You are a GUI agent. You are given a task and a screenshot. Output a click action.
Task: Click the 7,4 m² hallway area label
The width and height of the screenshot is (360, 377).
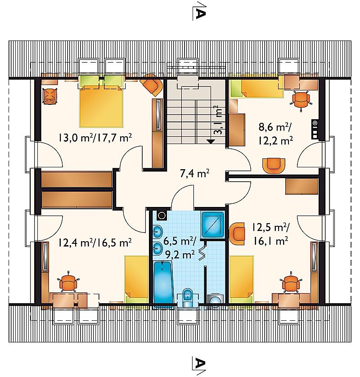[194, 173]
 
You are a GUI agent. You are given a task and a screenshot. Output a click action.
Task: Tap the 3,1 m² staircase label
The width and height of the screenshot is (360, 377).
[218, 120]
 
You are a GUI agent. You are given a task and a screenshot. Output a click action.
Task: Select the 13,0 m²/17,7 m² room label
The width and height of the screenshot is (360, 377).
[94, 138]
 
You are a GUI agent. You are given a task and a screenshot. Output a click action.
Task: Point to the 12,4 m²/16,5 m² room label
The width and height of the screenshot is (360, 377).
[94, 242]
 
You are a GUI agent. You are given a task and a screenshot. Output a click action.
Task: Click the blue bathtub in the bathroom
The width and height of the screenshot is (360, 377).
[163, 283]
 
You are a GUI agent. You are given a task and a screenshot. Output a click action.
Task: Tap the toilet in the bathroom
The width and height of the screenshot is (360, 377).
[188, 298]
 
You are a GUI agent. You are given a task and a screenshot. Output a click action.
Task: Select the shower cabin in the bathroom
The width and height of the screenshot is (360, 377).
[213, 224]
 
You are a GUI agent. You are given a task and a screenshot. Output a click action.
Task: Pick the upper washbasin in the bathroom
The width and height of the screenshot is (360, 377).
[158, 232]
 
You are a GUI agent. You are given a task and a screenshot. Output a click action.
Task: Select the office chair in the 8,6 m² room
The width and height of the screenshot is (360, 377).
[301, 99]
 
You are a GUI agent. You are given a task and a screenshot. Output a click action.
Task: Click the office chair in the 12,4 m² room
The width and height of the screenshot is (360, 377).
[68, 282]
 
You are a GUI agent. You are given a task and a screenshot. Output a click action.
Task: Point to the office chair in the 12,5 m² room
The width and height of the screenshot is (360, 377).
[291, 282]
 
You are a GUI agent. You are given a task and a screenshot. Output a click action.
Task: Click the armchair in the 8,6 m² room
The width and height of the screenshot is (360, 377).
[274, 166]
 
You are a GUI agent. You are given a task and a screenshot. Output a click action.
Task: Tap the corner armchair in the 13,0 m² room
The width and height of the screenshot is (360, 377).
[152, 85]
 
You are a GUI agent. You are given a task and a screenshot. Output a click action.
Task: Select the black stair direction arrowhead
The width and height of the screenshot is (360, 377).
[211, 142]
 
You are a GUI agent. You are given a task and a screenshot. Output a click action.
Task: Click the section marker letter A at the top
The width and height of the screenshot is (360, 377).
[200, 14]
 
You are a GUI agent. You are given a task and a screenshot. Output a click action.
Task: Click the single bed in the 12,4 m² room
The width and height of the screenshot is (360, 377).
[137, 279]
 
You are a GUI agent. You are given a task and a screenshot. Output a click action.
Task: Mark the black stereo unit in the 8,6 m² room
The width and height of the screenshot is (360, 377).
[315, 129]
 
